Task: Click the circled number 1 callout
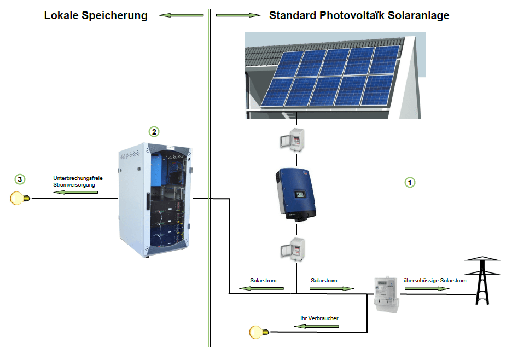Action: pos(410,182)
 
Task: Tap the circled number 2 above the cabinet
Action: pos(154,132)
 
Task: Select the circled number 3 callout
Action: pos(20,179)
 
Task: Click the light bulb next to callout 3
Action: pos(20,198)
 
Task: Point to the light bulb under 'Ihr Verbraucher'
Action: pos(259,332)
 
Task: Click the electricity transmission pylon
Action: pos(482,281)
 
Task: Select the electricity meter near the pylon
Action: pos(386,294)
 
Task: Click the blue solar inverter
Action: pos(296,195)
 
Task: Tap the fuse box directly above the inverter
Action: pos(292,140)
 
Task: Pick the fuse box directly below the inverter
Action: pos(293,249)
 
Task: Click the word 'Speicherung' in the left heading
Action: pos(115,15)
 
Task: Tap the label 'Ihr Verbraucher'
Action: pos(319,318)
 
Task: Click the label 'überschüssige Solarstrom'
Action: pos(435,281)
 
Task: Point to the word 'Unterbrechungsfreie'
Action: pos(78,178)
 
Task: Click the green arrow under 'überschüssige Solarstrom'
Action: pos(427,288)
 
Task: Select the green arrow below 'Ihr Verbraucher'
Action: pos(316,326)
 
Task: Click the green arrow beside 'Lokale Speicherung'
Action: pos(181,15)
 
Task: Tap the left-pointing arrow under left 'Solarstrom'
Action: pos(261,288)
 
